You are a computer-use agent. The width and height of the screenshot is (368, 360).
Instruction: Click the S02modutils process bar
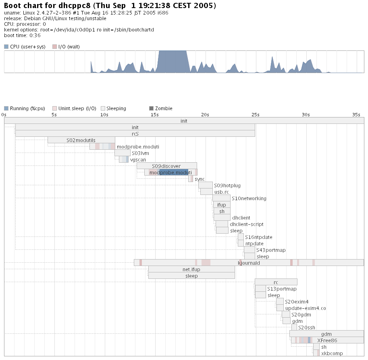pyautogui.click(x=81, y=140)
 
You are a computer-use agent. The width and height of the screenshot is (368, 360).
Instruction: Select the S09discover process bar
pyautogui.click(x=166, y=166)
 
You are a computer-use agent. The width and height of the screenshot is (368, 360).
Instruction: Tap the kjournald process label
pyautogui.click(x=249, y=263)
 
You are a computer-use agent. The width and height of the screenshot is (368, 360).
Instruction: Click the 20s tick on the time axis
pyautogui.click(x=205, y=115)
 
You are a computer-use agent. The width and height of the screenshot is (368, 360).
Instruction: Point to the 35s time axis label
pyautogui.click(x=356, y=115)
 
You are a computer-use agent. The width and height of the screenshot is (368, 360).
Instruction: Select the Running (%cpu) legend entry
pyautogui.click(x=24, y=108)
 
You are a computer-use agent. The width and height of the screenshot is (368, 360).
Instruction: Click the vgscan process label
pyautogui.click(x=138, y=159)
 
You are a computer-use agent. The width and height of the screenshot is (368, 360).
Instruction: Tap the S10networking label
pyautogui.click(x=249, y=198)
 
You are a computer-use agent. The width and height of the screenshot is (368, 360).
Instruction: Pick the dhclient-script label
pyautogui.click(x=246, y=224)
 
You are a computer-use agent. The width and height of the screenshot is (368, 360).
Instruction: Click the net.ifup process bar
pyautogui.click(x=191, y=269)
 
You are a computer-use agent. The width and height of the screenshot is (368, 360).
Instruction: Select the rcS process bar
pyautogui.click(x=135, y=134)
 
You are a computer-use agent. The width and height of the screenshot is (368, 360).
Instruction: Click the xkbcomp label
pyautogui.click(x=332, y=353)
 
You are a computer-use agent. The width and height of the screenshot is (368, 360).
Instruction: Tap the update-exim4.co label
pyautogui.click(x=305, y=308)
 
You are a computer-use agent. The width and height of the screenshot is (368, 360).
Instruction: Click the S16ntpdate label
pyautogui.click(x=258, y=237)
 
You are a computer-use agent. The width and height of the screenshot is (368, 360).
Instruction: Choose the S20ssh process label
pyautogui.click(x=307, y=327)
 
